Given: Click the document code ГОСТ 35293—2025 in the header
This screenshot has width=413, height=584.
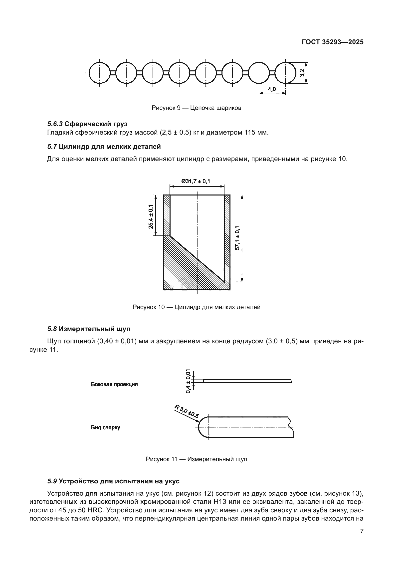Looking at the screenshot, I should (332, 42).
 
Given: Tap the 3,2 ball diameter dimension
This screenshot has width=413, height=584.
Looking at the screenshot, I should (302, 73).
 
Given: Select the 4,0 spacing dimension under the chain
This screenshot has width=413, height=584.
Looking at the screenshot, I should (272, 89).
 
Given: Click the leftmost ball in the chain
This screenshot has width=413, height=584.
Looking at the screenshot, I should (100, 73).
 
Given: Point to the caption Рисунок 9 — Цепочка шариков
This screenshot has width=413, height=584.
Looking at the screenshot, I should (196, 108).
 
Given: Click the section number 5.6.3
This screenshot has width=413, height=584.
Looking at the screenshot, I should (55, 124).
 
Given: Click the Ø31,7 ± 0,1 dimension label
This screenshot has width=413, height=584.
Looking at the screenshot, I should (196, 181).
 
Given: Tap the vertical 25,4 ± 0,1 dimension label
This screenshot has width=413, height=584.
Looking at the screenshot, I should (151, 216).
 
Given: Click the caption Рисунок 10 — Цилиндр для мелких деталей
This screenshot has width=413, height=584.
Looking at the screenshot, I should (196, 307).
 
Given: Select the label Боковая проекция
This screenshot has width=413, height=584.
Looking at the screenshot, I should (114, 384).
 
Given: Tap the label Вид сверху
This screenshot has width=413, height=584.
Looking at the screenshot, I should (106, 427).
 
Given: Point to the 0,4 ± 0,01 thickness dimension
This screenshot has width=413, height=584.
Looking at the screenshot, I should (188, 381).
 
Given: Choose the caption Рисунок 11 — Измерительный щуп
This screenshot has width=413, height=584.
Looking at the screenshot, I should (196, 459).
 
